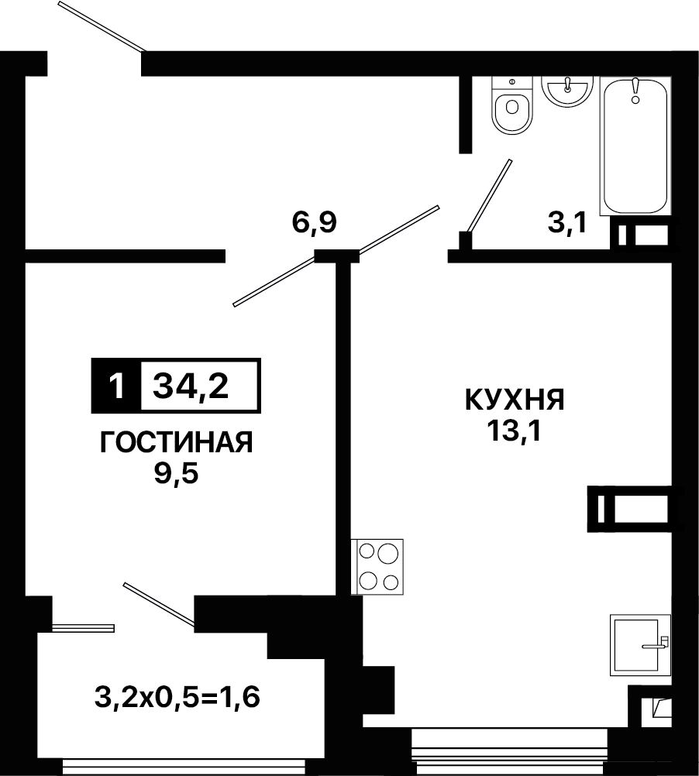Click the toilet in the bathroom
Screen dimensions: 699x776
tap(512, 105)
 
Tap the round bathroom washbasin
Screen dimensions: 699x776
tap(567, 91)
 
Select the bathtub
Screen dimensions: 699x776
tap(635, 146)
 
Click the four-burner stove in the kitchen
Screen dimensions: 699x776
tap(377, 567)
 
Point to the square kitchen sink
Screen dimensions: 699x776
tap(641, 645)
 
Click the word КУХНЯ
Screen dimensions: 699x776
tap(515, 400)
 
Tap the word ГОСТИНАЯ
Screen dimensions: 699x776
tap(177, 442)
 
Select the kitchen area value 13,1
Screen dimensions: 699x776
tap(515, 431)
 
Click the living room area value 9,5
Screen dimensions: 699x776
tap(176, 474)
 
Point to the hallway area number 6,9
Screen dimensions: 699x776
tap(315, 222)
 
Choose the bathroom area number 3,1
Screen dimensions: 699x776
tap(567, 222)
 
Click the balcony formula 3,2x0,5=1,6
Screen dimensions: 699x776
tap(177, 698)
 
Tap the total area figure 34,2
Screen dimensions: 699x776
tap(191, 386)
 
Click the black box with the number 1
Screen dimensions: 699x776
tap(116, 386)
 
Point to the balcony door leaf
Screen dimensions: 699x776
tap(158, 603)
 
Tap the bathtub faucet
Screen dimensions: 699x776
tap(635, 91)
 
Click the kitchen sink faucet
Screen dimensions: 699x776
tap(656, 644)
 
